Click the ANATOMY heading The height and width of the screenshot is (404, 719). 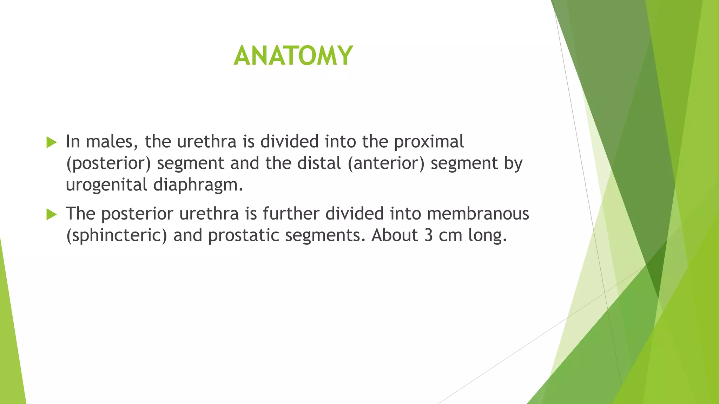tap(293, 56)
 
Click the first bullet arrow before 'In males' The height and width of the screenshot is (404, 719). tap(51, 142)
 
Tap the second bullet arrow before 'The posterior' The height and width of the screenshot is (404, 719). tap(51, 214)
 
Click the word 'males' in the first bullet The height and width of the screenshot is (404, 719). tap(109, 142)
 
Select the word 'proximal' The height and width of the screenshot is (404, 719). tap(429, 142)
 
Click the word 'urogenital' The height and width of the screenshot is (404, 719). tap(106, 185)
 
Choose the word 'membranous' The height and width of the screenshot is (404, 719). tap(478, 214)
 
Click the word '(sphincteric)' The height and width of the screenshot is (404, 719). tap(117, 235)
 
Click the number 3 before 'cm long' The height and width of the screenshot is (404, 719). tap(428, 235)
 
